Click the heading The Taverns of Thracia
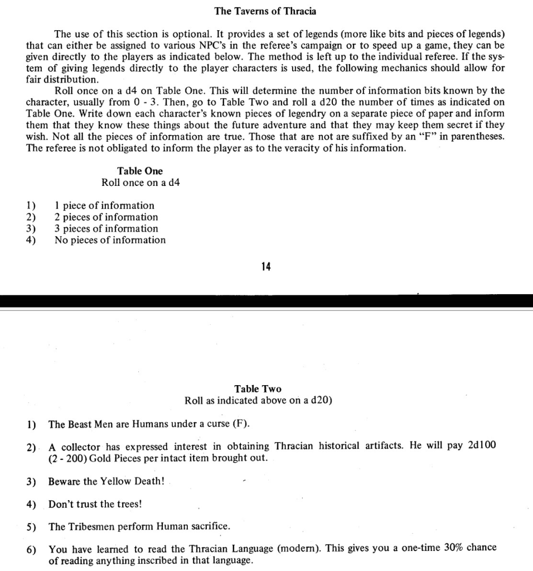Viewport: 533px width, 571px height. click(265, 11)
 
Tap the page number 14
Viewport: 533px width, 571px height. click(266, 267)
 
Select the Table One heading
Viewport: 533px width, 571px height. click(140, 171)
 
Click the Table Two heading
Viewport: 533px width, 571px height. click(258, 388)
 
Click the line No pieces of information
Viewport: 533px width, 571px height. click(110, 240)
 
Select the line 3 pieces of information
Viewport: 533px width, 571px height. click(106, 228)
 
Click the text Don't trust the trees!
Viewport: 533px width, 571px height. click(95, 504)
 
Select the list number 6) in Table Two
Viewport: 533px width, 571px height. click(31, 549)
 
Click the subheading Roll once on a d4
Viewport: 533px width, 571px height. click(140, 183)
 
